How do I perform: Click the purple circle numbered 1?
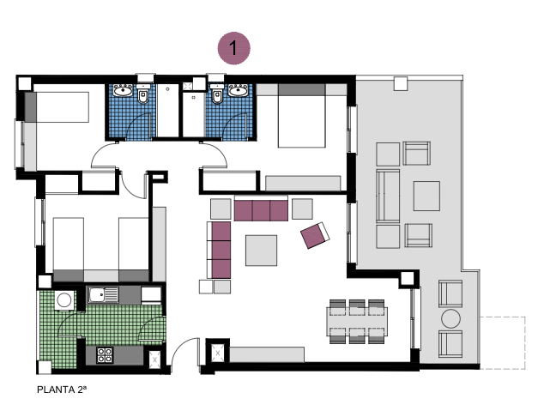point(233,48)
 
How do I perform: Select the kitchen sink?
point(104,296)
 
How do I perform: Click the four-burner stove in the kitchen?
point(107,354)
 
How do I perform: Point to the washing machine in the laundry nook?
point(63,301)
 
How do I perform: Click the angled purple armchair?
point(315,233)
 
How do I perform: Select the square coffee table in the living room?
point(262,250)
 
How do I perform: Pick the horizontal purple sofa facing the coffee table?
point(260,209)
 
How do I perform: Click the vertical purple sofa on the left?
point(221,249)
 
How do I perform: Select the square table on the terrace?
point(426,196)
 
